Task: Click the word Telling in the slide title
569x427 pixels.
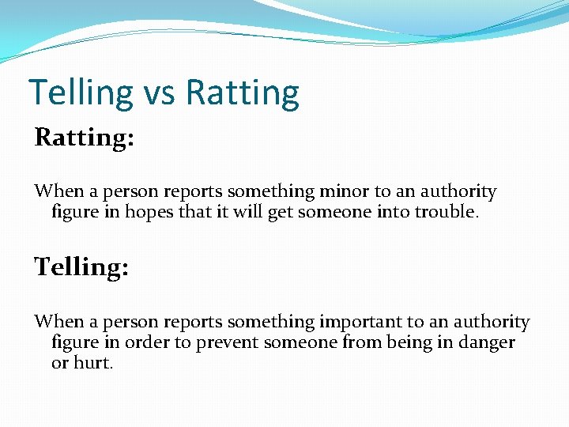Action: (81, 93)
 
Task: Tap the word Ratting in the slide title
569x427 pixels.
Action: (243, 93)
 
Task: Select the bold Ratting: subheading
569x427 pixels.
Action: (84, 138)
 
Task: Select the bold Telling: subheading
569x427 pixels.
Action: (81, 267)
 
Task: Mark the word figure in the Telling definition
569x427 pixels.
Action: (75, 342)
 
